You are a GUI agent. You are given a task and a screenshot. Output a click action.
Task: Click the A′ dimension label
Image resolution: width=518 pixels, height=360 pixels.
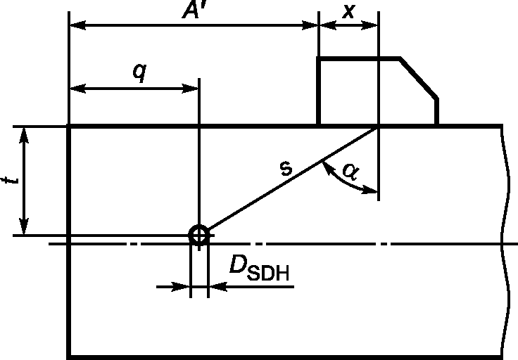point(194,10)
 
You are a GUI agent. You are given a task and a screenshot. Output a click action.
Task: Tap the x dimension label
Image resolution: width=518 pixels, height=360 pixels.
point(349,11)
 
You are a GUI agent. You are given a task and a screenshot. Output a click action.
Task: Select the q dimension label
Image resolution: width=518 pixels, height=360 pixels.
point(139,72)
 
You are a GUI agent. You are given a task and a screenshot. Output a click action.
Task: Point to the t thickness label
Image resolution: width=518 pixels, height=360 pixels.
point(10,180)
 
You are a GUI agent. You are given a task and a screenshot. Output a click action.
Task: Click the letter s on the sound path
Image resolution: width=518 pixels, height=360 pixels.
point(286,168)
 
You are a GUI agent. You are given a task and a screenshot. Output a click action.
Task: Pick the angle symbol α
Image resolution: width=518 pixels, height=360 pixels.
point(351,172)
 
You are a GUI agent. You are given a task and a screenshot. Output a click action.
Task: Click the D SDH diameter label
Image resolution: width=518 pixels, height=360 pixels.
point(260,269)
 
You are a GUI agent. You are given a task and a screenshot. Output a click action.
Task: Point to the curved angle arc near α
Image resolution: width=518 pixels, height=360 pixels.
point(343,181)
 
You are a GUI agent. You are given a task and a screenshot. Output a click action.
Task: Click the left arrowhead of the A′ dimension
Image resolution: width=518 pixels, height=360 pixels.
point(78,25)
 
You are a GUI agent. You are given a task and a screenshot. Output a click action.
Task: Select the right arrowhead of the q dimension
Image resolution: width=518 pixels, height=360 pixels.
point(190,89)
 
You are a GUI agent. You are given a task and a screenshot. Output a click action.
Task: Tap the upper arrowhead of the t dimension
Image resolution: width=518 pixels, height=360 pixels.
point(24,136)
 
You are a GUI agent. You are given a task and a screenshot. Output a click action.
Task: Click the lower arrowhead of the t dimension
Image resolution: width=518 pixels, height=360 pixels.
point(24,226)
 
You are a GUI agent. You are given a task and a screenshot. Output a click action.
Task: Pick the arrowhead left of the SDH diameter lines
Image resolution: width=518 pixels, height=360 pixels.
point(181,287)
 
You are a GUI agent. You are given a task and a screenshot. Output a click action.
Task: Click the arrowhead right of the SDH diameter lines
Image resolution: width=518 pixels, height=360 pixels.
point(218,287)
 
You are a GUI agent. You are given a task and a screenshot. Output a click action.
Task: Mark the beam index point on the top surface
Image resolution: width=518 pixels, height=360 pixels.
point(379,127)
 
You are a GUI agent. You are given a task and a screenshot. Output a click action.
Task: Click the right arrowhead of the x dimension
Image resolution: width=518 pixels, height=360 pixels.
point(369,25)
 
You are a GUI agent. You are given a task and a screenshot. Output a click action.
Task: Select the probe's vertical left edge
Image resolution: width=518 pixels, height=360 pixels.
point(319,91)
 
